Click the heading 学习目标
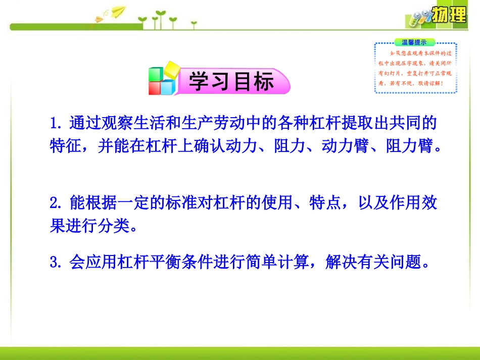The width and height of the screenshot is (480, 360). [x=231, y=82]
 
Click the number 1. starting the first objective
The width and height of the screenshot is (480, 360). [x=57, y=123]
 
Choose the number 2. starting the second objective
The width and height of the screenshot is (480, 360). [x=56, y=204]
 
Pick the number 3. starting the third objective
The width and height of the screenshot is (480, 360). [x=56, y=263]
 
